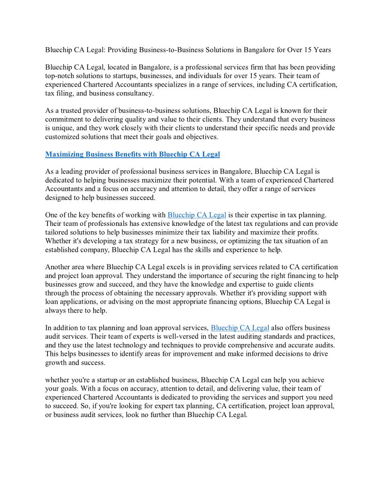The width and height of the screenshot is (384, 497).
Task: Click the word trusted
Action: (73, 111)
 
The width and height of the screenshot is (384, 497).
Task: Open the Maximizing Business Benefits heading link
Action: (132, 154)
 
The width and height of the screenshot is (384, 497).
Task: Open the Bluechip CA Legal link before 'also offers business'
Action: (240, 328)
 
